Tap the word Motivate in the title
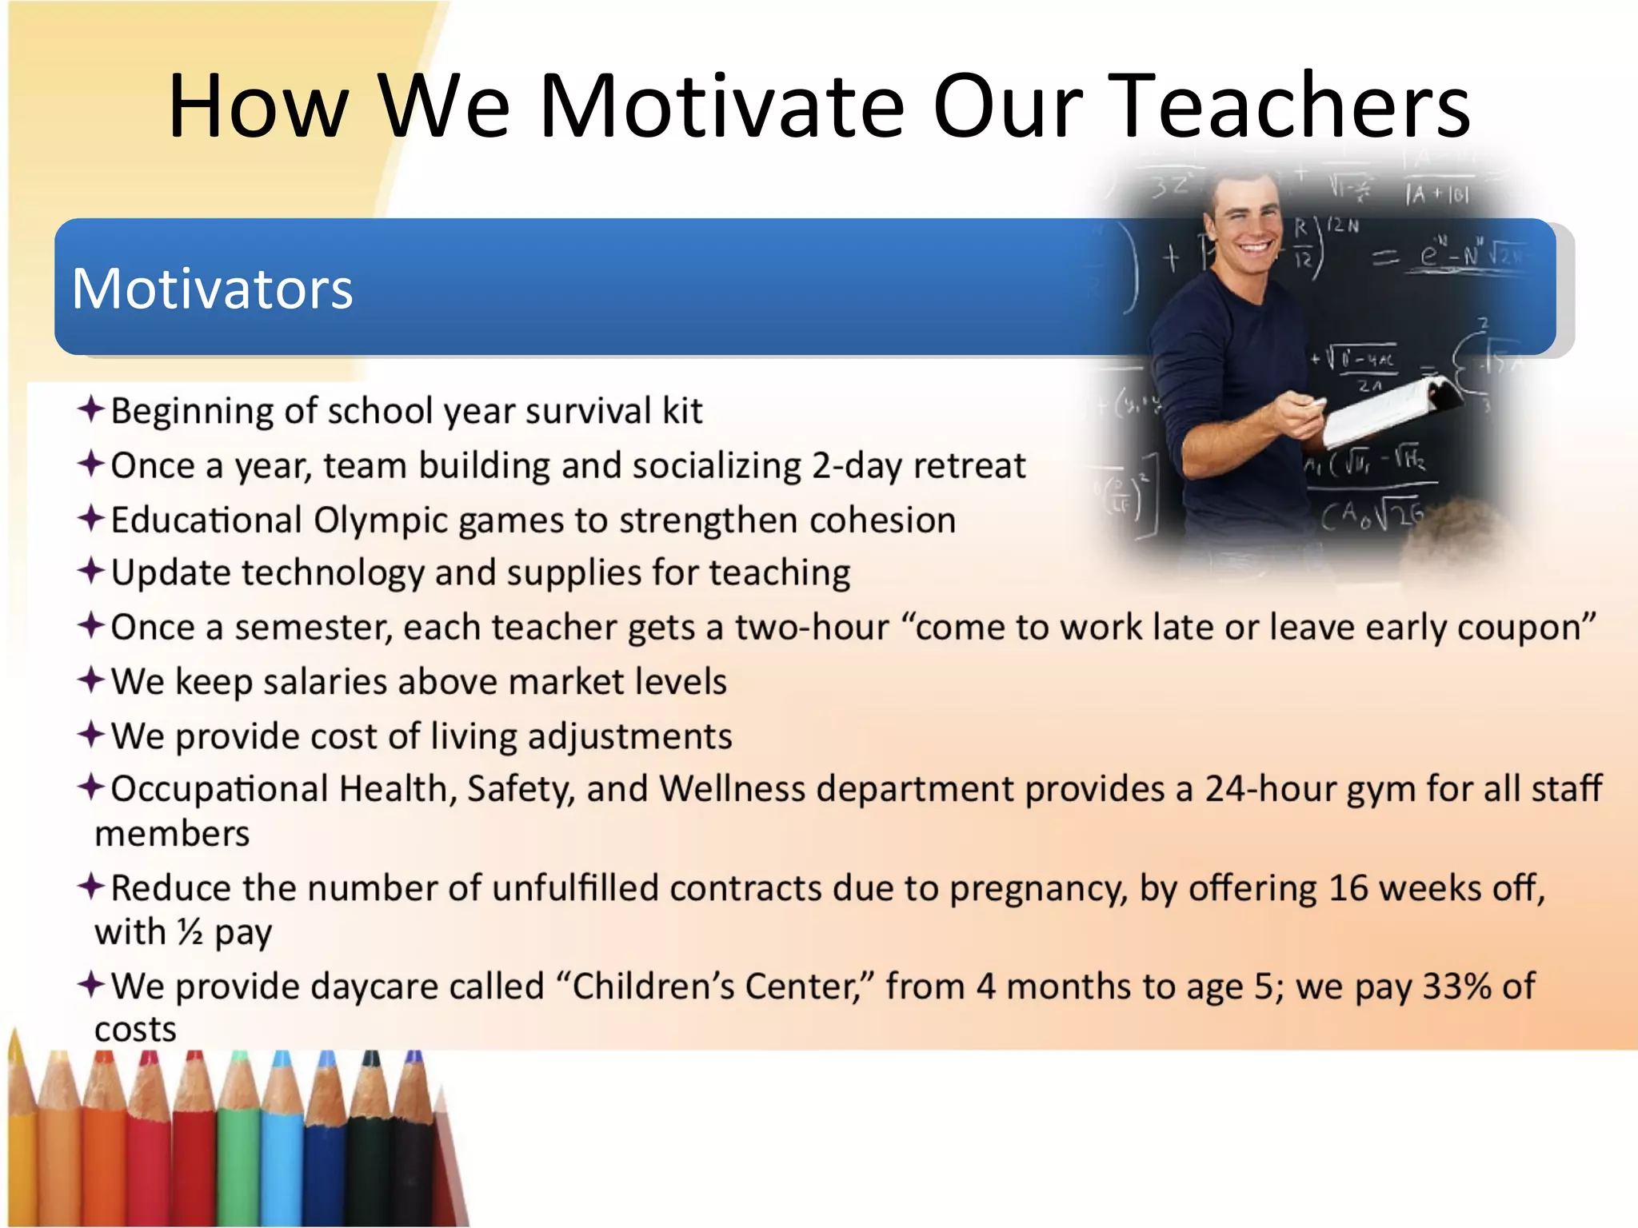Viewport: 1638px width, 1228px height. click(720, 106)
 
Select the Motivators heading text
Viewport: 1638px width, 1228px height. click(212, 289)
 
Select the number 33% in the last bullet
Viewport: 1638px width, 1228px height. click(1456, 987)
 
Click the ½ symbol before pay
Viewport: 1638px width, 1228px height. click(190, 932)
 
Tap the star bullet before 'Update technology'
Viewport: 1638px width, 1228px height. click(91, 572)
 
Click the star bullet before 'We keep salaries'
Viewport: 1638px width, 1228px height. click(91, 680)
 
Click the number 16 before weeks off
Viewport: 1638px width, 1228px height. click(1347, 889)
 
